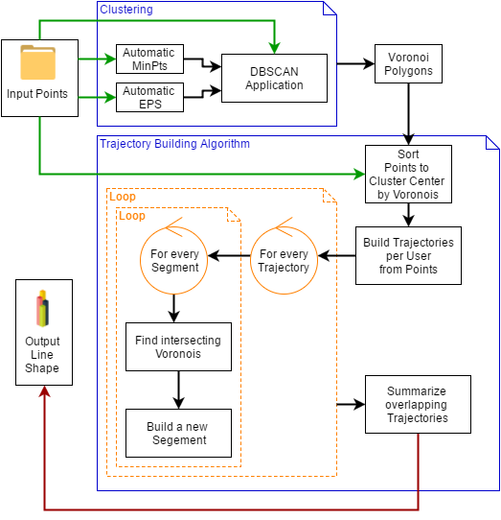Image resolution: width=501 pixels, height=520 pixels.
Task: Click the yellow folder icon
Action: click(x=37, y=62)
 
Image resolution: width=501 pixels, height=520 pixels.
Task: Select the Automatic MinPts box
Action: click(x=149, y=59)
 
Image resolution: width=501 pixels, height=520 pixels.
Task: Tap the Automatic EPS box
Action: click(x=149, y=97)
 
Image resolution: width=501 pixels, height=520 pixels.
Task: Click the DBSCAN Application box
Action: click(x=274, y=79)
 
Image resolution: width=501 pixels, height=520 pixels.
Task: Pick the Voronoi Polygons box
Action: click(x=408, y=63)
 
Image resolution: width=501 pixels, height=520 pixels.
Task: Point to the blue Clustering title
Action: click(x=126, y=10)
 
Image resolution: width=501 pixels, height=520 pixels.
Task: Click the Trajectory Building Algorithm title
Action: click(x=174, y=144)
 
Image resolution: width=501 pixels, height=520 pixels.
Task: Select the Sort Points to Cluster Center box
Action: click(x=408, y=174)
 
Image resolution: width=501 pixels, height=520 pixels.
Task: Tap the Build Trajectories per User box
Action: click(x=408, y=256)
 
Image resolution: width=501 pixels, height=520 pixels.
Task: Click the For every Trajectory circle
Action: click(x=284, y=260)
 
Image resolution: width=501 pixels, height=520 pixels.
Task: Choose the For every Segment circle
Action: click(x=173, y=260)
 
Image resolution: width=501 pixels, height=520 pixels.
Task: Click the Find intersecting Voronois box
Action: click(x=178, y=347)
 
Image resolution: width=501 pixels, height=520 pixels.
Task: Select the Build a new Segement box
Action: click(x=178, y=433)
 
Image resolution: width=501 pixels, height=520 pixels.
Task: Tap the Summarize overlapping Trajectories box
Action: click(x=418, y=404)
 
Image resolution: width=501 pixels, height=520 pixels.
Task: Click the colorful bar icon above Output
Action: click(x=43, y=308)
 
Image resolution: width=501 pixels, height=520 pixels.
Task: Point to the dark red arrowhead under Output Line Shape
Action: click(x=44, y=391)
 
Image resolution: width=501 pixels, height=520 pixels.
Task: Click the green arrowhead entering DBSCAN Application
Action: click(x=275, y=48)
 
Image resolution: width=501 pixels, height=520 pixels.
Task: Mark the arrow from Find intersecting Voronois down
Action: click(x=179, y=390)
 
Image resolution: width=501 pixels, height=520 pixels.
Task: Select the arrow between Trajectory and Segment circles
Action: click(x=229, y=256)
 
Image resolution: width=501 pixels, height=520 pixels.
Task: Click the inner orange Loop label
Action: click(x=132, y=216)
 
